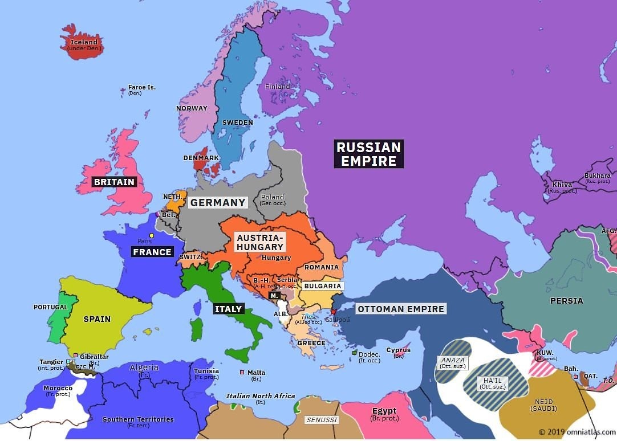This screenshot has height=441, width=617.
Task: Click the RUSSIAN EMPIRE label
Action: [368, 154]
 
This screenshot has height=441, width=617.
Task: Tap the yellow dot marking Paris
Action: [152, 235]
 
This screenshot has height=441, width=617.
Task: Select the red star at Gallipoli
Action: [333, 312]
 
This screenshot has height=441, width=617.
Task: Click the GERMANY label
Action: [218, 202]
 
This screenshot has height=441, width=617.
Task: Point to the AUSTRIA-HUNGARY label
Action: [260, 242]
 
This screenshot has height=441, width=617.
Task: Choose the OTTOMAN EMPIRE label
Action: [400, 309]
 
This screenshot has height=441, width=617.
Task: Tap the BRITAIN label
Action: [115, 182]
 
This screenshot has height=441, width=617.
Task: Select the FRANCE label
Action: [152, 252]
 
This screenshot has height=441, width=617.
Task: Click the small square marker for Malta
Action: [242, 373]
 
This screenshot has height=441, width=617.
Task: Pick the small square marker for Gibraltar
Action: [75, 356]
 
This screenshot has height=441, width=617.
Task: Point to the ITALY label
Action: [229, 309]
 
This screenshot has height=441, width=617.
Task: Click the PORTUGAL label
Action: [50, 307]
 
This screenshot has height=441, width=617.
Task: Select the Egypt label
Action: [384, 411]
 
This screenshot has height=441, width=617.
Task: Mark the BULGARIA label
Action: [323, 286]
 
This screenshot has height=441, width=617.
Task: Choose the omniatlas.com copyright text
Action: [576, 432]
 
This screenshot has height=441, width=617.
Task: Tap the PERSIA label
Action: [566, 301]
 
